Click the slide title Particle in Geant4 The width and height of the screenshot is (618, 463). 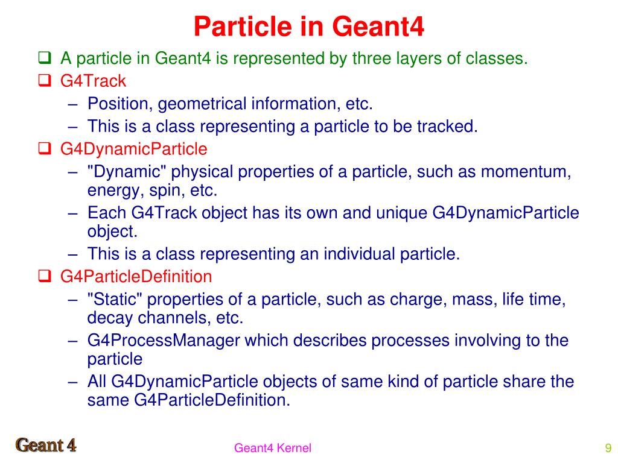(309, 26)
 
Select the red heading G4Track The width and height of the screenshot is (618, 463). (93, 81)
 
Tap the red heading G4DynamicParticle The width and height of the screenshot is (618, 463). (133, 149)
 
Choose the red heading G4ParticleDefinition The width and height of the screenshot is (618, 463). (136, 277)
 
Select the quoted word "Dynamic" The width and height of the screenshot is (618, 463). (126, 172)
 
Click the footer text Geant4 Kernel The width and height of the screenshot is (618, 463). (273, 447)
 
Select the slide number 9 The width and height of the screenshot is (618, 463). (608, 447)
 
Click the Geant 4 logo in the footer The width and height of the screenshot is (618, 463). (46, 446)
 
